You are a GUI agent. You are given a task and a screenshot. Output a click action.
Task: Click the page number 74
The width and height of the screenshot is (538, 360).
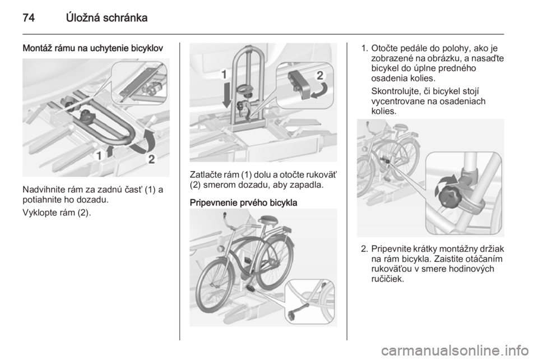29,17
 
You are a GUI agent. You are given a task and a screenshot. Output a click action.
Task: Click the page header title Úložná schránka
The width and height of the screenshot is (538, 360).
106,17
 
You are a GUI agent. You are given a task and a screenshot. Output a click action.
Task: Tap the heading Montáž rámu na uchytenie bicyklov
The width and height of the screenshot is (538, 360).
92,49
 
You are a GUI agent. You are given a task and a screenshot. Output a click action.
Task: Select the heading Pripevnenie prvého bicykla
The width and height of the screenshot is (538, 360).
243,202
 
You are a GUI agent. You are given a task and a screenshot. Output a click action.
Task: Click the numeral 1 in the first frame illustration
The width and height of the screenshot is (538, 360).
99,156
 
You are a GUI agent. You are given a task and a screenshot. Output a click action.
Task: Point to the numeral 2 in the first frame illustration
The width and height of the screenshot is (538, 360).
151,159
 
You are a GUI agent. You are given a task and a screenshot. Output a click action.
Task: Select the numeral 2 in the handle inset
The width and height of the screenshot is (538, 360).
319,75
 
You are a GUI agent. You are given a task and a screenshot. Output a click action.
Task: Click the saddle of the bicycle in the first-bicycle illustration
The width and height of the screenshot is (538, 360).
269,219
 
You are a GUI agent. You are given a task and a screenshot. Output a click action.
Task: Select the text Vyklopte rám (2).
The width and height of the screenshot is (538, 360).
57,213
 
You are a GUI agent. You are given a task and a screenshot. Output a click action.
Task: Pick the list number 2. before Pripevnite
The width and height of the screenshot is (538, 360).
365,248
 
